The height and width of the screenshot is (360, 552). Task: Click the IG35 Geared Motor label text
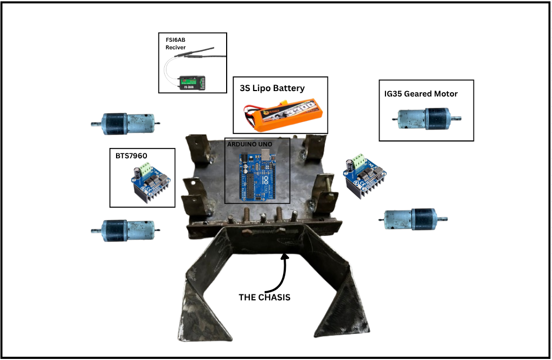[421, 94]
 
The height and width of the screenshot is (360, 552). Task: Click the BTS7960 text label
[132, 156]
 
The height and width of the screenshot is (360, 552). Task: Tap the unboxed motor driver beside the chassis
[365, 175]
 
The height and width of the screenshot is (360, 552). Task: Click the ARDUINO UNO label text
[250, 144]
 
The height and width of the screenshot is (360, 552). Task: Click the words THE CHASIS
[265, 297]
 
